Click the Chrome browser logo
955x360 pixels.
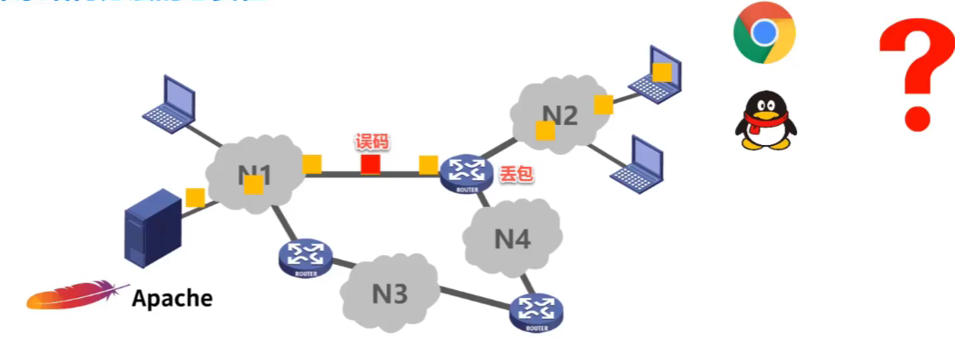pos(764,33)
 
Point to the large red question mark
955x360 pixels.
pos(915,74)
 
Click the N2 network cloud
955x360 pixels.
pos(560,114)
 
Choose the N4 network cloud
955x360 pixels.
pos(512,237)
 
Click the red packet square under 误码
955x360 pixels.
pos(370,163)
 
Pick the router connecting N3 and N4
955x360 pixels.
pos(536,311)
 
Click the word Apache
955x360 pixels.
pos(172,298)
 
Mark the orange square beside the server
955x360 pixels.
pos(195,197)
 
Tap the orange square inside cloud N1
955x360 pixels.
pos(253,184)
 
